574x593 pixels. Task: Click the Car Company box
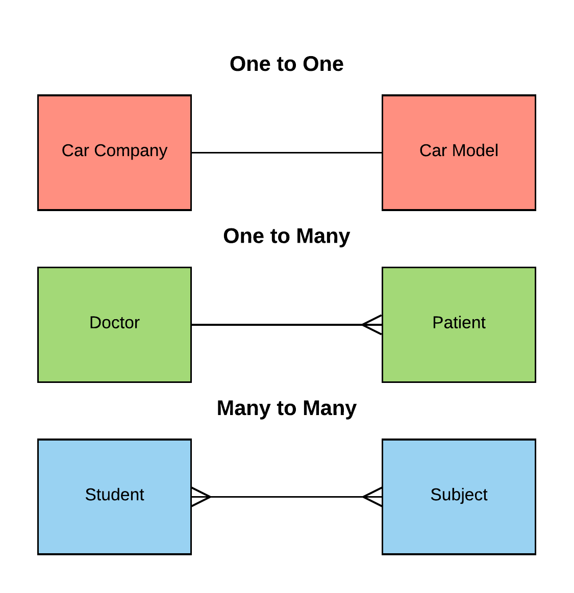pyautogui.click(x=114, y=152)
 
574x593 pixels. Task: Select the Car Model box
pyautogui.click(x=459, y=152)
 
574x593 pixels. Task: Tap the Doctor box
pyautogui.click(x=114, y=324)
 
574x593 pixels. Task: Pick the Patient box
pyautogui.click(x=459, y=324)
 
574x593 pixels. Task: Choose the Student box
pyautogui.click(x=114, y=497)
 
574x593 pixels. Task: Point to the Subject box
pyautogui.click(x=459, y=497)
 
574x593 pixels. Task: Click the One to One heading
pyautogui.click(x=286, y=64)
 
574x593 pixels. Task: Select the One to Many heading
pyautogui.click(x=286, y=237)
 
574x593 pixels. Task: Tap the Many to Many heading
pyautogui.click(x=286, y=408)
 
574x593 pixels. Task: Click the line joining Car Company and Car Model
pyautogui.click(x=286, y=152)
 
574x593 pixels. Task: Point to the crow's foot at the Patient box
pyautogui.click(x=372, y=324)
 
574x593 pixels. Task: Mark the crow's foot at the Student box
pyautogui.click(x=202, y=497)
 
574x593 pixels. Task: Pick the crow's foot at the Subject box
pyautogui.click(x=372, y=497)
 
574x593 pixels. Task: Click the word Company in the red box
pyautogui.click(x=131, y=151)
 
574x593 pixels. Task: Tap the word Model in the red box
pyautogui.click(x=475, y=150)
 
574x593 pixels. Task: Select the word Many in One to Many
pyautogui.click(x=323, y=237)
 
